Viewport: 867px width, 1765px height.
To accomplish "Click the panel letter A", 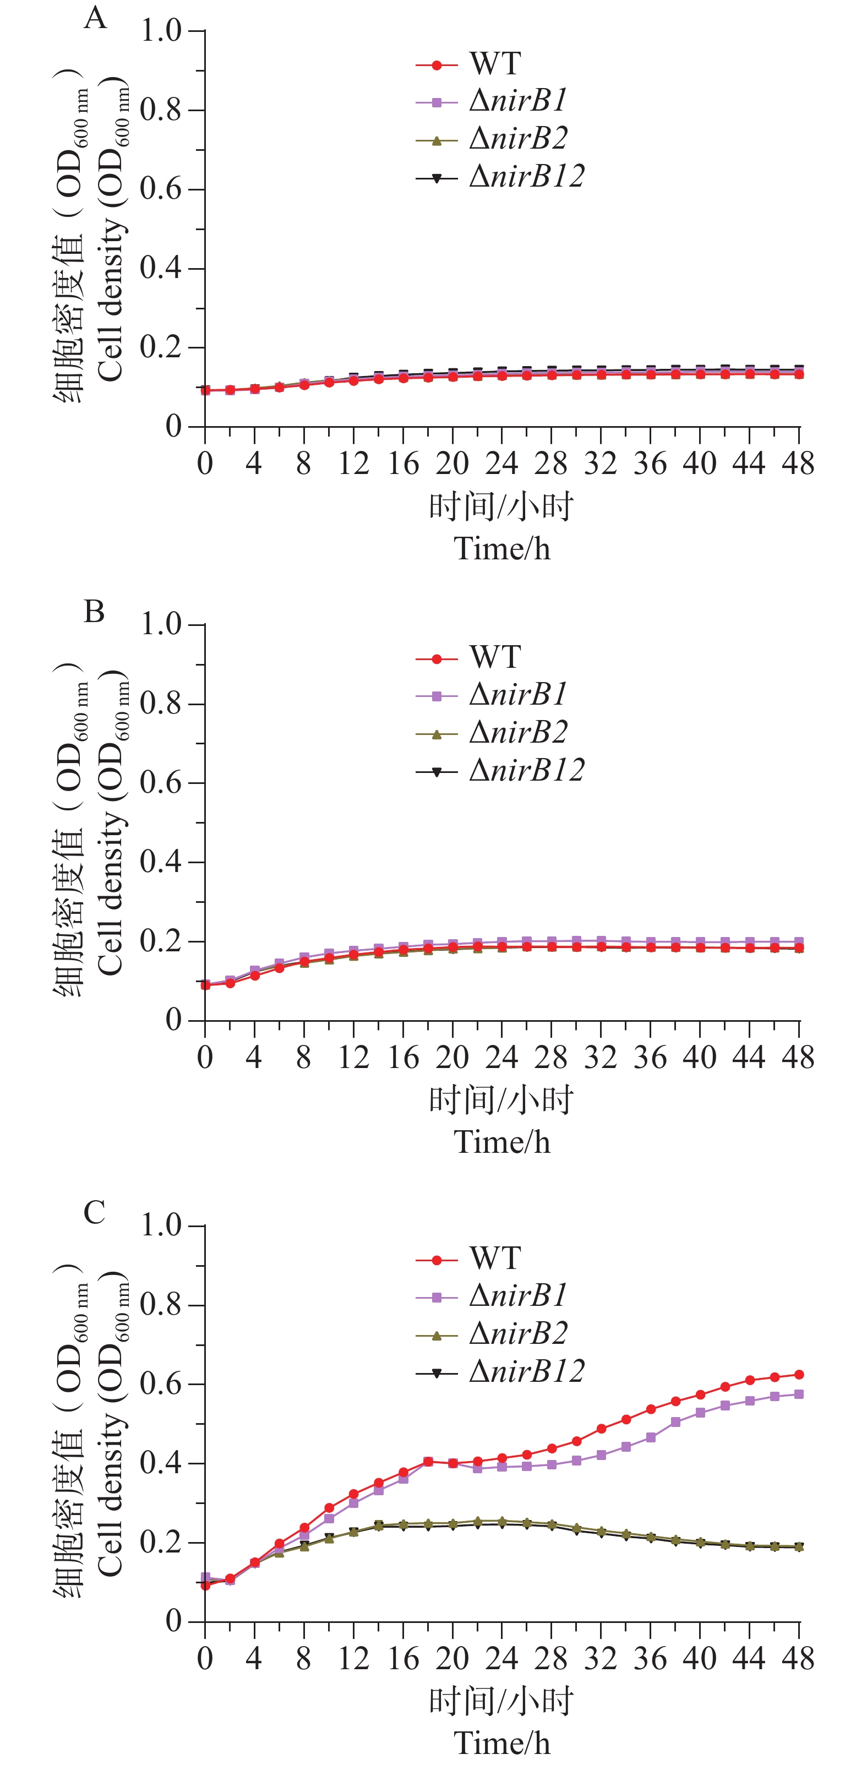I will click(95, 18).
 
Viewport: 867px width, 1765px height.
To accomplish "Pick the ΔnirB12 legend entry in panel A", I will click(526, 177).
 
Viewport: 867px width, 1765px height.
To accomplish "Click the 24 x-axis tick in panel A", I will click(501, 465).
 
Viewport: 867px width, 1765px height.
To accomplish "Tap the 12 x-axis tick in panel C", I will click(353, 1659).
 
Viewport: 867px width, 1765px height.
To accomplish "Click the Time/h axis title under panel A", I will click(502, 549).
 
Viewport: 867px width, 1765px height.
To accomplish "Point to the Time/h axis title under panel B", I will click(502, 1143).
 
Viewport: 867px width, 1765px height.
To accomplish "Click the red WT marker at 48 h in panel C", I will click(799, 1375).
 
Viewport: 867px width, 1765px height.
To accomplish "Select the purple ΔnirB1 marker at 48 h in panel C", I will click(799, 1394).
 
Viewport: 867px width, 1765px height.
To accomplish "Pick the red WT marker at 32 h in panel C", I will click(601, 1429).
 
